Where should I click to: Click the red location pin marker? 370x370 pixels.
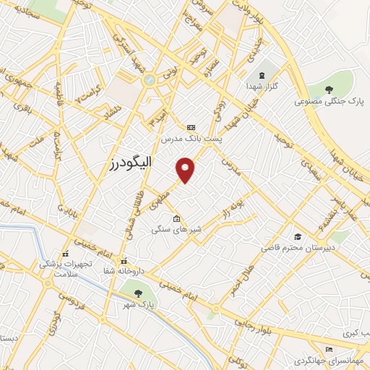tap(186, 169)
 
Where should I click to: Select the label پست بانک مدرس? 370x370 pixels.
tap(191, 137)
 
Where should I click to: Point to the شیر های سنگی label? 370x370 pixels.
tap(177, 230)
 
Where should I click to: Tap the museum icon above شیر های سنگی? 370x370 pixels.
tap(177, 219)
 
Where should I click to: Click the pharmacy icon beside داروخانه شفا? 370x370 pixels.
tap(124, 261)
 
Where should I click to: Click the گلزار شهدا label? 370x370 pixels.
tap(262, 86)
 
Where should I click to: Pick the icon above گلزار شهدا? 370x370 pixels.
tap(262, 75)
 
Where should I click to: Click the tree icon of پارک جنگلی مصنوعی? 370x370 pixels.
tap(330, 90)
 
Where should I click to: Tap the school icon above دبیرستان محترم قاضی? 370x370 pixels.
tap(298, 236)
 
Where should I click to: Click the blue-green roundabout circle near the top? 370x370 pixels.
tap(150, 79)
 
